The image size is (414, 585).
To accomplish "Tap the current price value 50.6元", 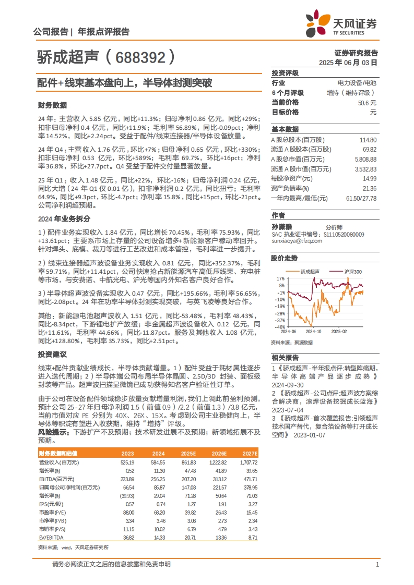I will [x=367, y=103].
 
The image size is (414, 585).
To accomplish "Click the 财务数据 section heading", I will [x=53, y=105].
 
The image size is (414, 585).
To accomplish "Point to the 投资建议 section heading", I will [x=53, y=354].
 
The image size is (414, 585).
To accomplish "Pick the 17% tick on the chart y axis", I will [x=280, y=278].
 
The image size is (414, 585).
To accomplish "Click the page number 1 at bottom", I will [x=377, y=564].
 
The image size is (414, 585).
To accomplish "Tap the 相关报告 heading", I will [x=285, y=357].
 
